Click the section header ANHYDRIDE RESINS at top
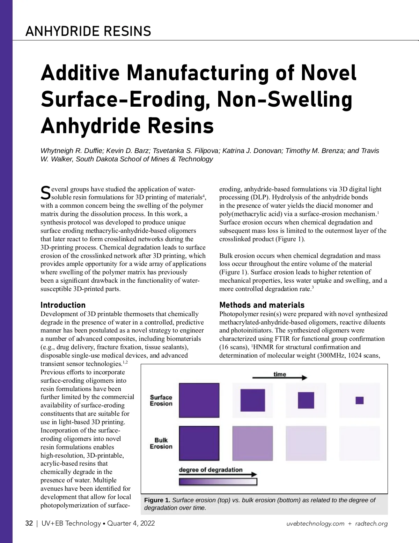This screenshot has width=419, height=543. pyautogui.click(x=88, y=31)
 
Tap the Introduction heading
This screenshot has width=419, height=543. pyautogui.click(x=63, y=305)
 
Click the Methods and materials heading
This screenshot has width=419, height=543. pyautogui.click(x=262, y=305)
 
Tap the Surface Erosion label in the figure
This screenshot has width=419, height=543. pyautogui.click(x=161, y=400)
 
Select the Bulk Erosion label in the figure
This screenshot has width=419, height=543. pyautogui.click(x=161, y=443)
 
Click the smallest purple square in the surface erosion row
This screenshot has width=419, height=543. pyautogui.click(x=360, y=400)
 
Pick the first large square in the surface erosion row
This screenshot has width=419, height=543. pyautogui.click(x=199, y=400)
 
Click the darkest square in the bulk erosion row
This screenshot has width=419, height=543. pyautogui.click(x=199, y=443)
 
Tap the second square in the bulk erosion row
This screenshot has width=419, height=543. pyautogui.click(x=252, y=443)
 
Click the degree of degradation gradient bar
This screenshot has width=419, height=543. pyautogui.click(x=218, y=482)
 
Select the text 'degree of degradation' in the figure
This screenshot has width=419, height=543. pyautogui.click(x=211, y=469)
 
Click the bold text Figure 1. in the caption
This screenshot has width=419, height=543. pyautogui.click(x=157, y=500)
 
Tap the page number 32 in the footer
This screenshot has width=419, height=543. pyautogui.click(x=29, y=523)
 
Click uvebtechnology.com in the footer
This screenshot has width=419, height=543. pyautogui.click(x=315, y=523)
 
